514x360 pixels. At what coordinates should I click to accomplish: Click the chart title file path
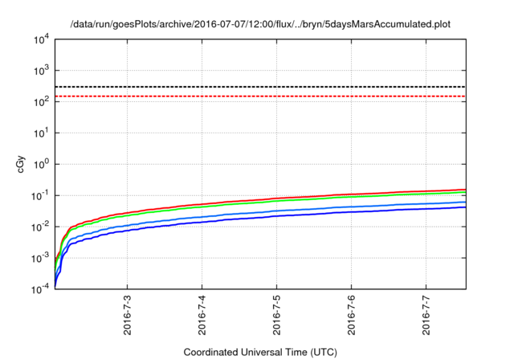(x=260, y=24)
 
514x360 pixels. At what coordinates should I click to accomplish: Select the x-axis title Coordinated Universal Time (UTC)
(x=260, y=353)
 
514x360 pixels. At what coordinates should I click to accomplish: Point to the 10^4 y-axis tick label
(x=42, y=39)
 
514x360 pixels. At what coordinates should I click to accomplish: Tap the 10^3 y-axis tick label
(x=42, y=71)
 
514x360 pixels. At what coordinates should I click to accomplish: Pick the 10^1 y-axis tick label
(x=42, y=133)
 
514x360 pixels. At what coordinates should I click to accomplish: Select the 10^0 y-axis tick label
(x=42, y=164)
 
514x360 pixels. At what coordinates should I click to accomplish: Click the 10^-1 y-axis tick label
(x=40, y=195)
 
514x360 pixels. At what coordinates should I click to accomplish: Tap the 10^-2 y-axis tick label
(x=40, y=227)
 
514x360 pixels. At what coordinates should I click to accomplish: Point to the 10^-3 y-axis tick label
(x=40, y=258)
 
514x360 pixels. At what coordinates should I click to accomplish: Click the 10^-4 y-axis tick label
(x=40, y=288)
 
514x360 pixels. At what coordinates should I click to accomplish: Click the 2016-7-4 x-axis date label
(x=202, y=316)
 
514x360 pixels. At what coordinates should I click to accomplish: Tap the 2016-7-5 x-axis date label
(x=277, y=316)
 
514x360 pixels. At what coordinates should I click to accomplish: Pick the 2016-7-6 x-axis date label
(x=352, y=316)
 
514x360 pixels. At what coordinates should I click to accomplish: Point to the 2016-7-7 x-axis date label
(x=426, y=316)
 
